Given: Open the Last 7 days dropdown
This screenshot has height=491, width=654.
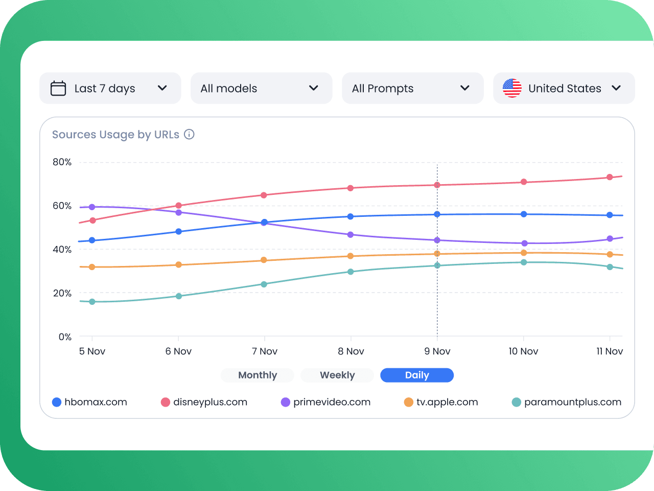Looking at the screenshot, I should pos(110,88).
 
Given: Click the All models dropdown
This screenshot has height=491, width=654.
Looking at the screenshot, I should pos(261,88).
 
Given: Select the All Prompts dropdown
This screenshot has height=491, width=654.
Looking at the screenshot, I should pos(412,88).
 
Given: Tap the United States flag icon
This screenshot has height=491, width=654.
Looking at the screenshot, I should pos(512,88).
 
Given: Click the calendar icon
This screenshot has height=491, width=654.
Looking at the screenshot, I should pos(58,88).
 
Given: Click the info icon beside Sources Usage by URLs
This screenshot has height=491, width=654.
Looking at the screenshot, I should pos(189,135).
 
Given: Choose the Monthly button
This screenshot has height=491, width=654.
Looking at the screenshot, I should pos(258,375).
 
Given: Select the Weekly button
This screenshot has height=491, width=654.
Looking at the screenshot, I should pos(337,375).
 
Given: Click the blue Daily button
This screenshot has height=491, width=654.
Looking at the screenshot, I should pos(417,375).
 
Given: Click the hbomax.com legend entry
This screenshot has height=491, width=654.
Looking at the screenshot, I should pos(90,402).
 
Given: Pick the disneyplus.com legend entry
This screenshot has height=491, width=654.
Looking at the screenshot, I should pos(204,402).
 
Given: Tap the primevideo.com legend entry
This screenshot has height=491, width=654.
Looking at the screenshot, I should pos(325,402).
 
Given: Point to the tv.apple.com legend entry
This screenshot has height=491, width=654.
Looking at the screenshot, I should pos(441,402).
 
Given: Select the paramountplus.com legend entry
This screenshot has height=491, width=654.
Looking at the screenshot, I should pos(567,402).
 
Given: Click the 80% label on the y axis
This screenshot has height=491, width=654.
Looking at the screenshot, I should pos(62,162).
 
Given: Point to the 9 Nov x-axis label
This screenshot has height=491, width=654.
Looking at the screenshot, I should pos(437,351).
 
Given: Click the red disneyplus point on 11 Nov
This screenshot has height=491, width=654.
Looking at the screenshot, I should pos(610,177).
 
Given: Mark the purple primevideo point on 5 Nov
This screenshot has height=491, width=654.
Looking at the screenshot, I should pos(92,207).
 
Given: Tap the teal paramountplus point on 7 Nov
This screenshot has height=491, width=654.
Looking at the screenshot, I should pos(264,284).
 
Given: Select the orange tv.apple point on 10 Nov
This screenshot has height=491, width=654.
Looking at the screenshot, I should pos(524,253).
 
